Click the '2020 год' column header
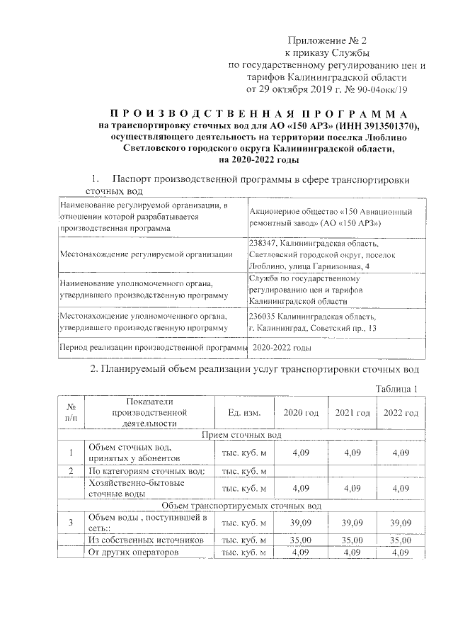[301, 413]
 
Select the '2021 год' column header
[352, 413]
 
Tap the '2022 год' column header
[401, 413]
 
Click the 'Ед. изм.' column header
[243, 413]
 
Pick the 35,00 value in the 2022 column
[401, 540]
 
